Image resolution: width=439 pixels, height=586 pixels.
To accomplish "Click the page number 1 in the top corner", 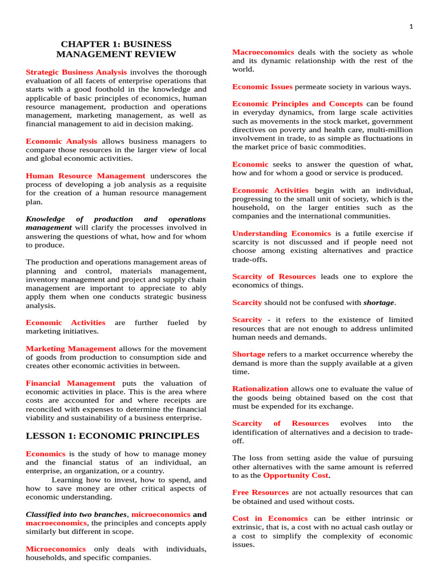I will (x=410, y=26).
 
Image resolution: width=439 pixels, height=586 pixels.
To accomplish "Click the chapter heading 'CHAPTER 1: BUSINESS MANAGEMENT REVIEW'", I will (x=116, y=49).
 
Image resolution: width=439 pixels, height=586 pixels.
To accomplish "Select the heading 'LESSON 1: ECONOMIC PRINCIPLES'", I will (x=113, y=436).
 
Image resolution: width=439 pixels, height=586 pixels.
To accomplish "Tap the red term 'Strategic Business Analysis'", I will (x=77, y=72).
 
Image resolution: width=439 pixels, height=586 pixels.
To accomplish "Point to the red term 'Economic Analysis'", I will (x=62, y=141).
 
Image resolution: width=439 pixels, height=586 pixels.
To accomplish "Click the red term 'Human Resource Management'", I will (x=86, y=176).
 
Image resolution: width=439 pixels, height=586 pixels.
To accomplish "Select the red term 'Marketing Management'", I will (x=71, y=349).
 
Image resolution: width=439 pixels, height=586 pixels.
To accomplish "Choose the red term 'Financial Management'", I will (x=71, y=383).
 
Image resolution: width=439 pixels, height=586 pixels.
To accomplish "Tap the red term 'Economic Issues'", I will (x=262, y=86).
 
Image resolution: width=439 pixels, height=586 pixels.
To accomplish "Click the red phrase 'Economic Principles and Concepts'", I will (x=297, y=104).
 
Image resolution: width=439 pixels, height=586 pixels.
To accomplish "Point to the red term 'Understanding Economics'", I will (x=281, y=233).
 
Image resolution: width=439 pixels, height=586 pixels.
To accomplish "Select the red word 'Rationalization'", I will (x=260, y=389).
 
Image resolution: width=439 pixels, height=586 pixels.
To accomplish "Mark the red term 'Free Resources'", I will (x=260, y=492).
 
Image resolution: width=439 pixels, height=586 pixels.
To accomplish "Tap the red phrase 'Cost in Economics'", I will (x=270, y=518).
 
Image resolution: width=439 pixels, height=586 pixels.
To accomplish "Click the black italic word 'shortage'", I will (x=378, y=302).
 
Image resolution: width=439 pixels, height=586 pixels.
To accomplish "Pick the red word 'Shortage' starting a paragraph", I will (x=249, y=354).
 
